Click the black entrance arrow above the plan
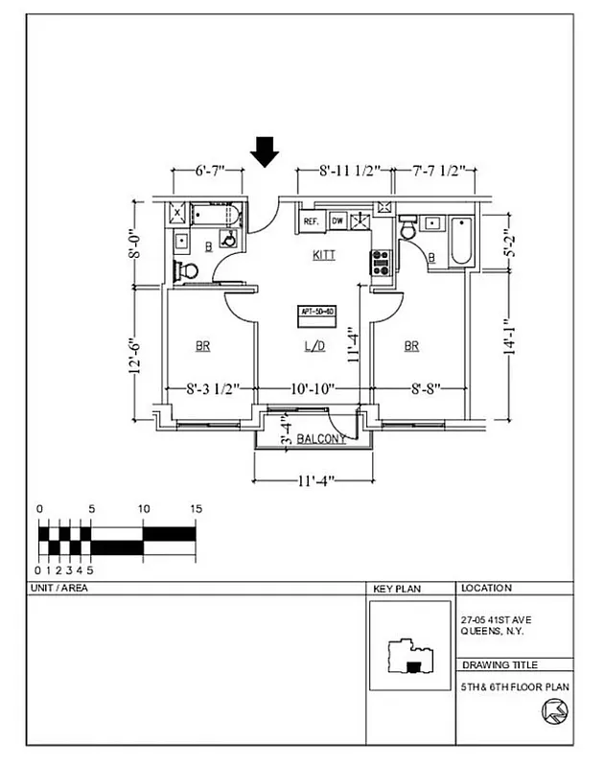click(x=265, y=151)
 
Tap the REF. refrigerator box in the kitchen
click(x=311, y=221)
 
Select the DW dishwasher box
click(x=337, y=221)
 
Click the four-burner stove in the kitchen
click(x=381, y=262)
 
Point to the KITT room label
click(x=324, y=256)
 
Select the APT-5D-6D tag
click(x=316, y=313)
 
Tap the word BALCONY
click(x=321, y=439)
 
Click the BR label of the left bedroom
click(x=203, y=346)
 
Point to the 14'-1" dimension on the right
click(x=510, y=338)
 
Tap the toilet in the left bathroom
click(x=187, y=271)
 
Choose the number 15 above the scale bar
click(x=196, y=509)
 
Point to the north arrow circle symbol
click(x=555, y=711)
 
